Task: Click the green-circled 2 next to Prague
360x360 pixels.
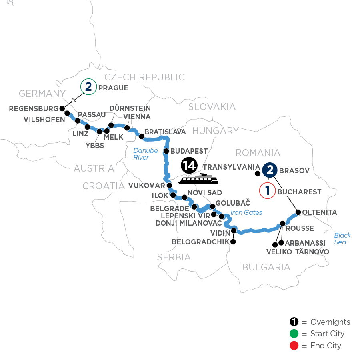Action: point(88,87)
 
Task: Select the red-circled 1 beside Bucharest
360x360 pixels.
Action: point(268,190)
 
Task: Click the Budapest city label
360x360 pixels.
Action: point(189,151)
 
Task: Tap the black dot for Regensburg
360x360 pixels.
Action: point(62,108)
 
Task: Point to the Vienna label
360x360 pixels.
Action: point(137,116)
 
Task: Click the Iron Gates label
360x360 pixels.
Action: point(247,212)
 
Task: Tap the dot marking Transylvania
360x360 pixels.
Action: point(257,173)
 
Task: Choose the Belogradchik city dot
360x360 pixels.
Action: point(233,242)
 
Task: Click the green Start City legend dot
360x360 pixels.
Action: point(294,334)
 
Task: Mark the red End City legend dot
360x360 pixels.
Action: point(294,345)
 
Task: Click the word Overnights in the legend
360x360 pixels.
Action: point(330,322)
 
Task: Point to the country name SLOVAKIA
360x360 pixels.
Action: point(212,106)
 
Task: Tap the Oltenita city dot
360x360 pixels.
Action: point(298,212)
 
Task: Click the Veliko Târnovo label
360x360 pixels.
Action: point(298,252)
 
